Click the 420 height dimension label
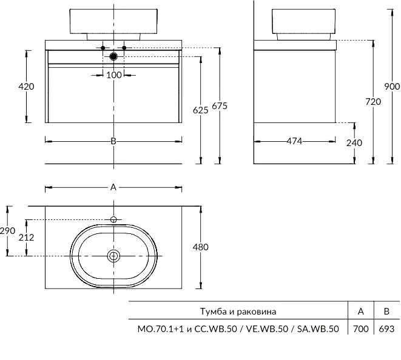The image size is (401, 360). pyautogui.click(x=26, y=86)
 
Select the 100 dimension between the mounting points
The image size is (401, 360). pyautogui.click(x=114, y=75)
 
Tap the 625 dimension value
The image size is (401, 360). pyautogui.click(x=200, y=110)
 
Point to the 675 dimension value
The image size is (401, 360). pyautogui.click(x=220, y=106)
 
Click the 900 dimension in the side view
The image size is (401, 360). pyautogui.click(x=392, y=86)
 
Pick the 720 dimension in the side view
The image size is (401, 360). pyautogui.click(x=373, y=102)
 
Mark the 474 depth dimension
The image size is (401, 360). pyautogui.click(x=294, y=141)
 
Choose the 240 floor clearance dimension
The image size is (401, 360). pyautogui.click(x=354, y=143)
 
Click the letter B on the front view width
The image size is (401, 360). pyautogui.click(x=113, y=141)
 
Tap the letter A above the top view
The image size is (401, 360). pyautogui.click(x=113, y=187)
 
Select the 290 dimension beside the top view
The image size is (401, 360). pyautogui.click(x=7, y=231)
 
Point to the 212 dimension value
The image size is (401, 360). pyautogui.click(x=26, y=237)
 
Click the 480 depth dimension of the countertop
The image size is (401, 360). pyautogui.click(x=200, y=247)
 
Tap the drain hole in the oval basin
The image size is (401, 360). pyautogui.click(x=113, y=256)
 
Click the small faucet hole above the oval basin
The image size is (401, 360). pyautogui.click(x=113, y=219)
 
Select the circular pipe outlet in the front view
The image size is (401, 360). pyautogui.click(x=113, y=57)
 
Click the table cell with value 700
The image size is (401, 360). pyautogui.click(x=360, y=329)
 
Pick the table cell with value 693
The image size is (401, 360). pyautogui.click(x=386, y=329)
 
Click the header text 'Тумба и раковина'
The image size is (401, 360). pyautogui.click(x=238, y=312)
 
